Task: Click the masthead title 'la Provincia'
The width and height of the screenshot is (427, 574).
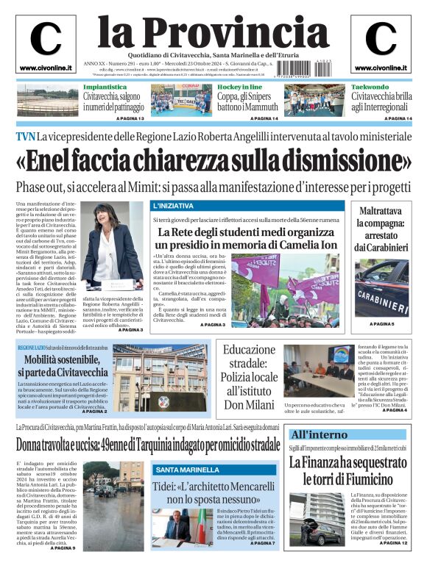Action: (x=213, y=31)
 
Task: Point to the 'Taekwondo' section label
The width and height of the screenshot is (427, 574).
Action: (x=369, y=87)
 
